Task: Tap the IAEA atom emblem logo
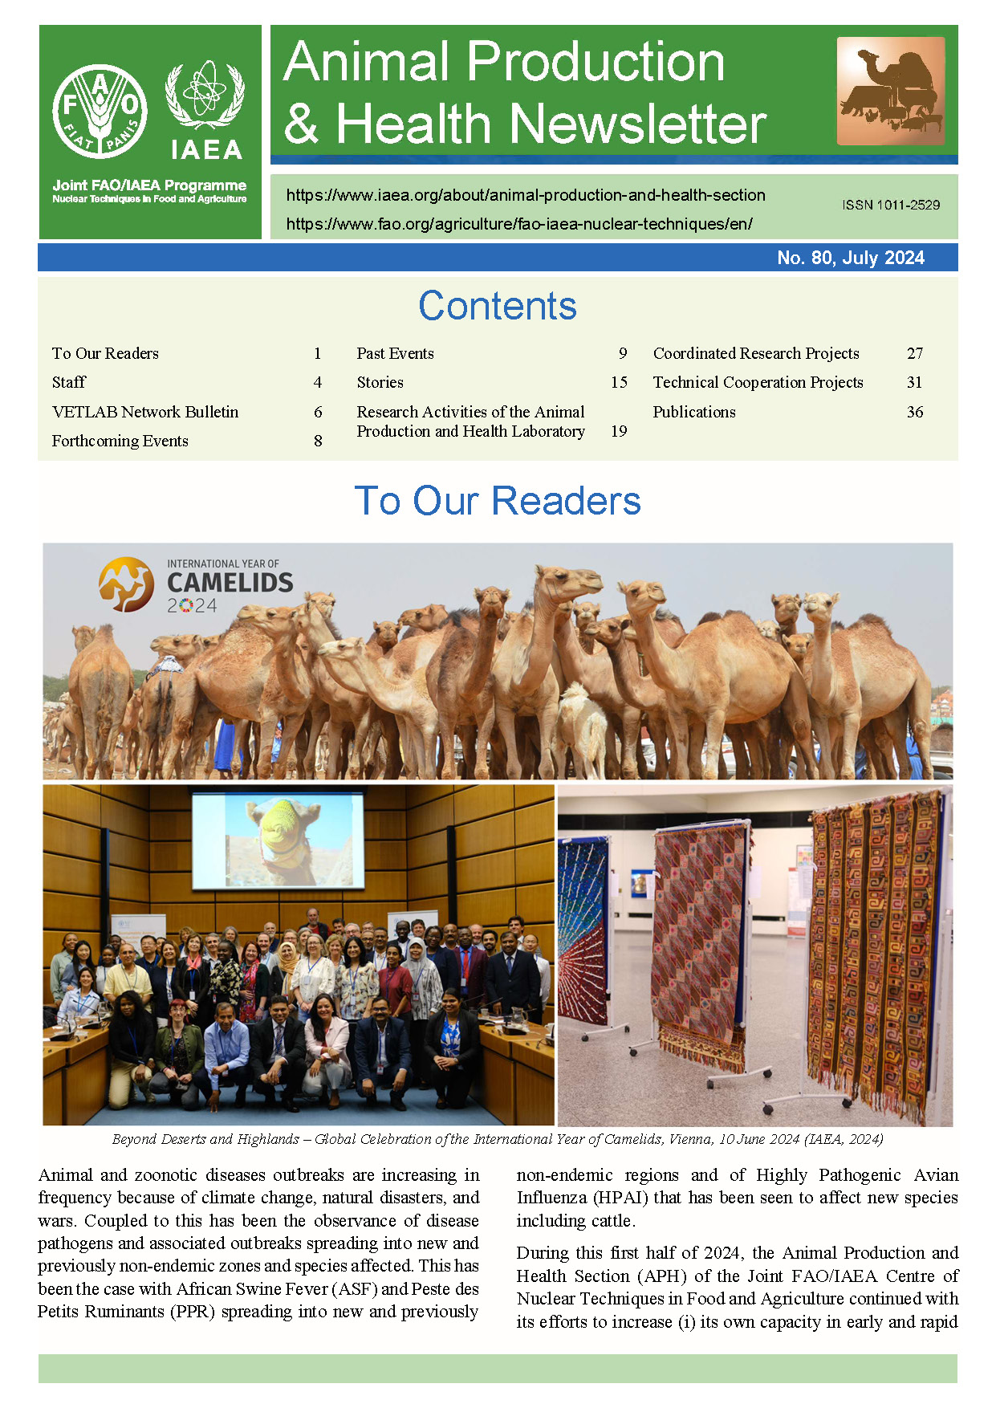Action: point(205,95)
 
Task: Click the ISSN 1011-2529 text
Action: point(891,205)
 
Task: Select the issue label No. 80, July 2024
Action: point(850,258)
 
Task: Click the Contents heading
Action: point(497,306)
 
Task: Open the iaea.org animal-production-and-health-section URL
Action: point(526,195)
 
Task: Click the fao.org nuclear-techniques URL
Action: point(519,224)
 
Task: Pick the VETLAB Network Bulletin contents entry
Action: point(145,412)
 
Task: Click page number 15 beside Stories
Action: point(619,382)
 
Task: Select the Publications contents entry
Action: point(694,412)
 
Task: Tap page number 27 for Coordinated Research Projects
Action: point(914,353)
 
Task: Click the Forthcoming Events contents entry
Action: point(120,441)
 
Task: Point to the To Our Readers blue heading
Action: point(497,501)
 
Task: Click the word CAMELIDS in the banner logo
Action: point(230,583)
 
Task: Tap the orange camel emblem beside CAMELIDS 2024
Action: point(126,584)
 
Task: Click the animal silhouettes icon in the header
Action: point(890,91)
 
